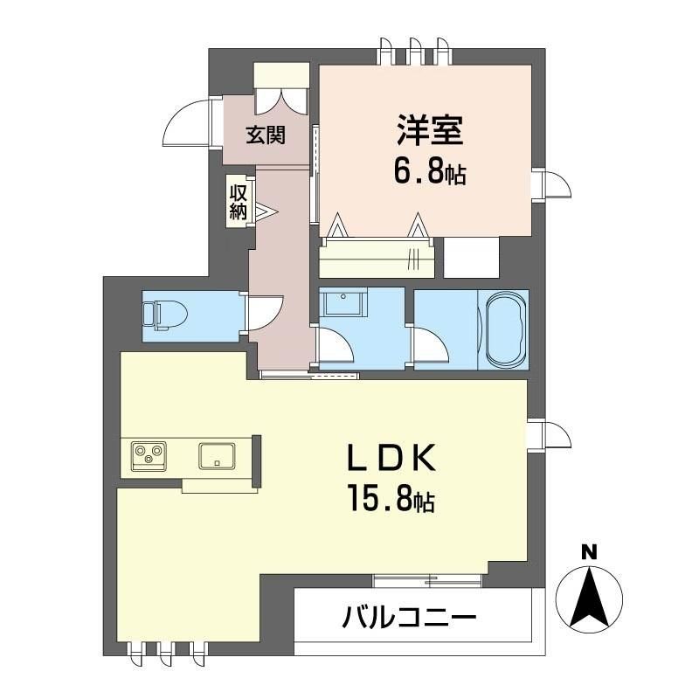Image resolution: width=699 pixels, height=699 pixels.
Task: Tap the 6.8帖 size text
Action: (x=429, y=171)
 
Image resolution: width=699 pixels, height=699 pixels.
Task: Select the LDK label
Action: (x=389, y=458)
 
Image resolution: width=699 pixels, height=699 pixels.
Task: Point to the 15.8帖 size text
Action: (x=390, y=500)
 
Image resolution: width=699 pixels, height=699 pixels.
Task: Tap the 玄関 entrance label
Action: (x=265, y=135)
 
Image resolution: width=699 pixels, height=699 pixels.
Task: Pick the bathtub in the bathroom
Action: (x=505, y=331)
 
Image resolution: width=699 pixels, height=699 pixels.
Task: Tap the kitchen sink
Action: (x=216, y=455)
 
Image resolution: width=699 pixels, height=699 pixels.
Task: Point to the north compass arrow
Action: (x=590, y=598)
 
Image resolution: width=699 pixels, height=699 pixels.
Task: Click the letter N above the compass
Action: (x=590, y=550)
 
